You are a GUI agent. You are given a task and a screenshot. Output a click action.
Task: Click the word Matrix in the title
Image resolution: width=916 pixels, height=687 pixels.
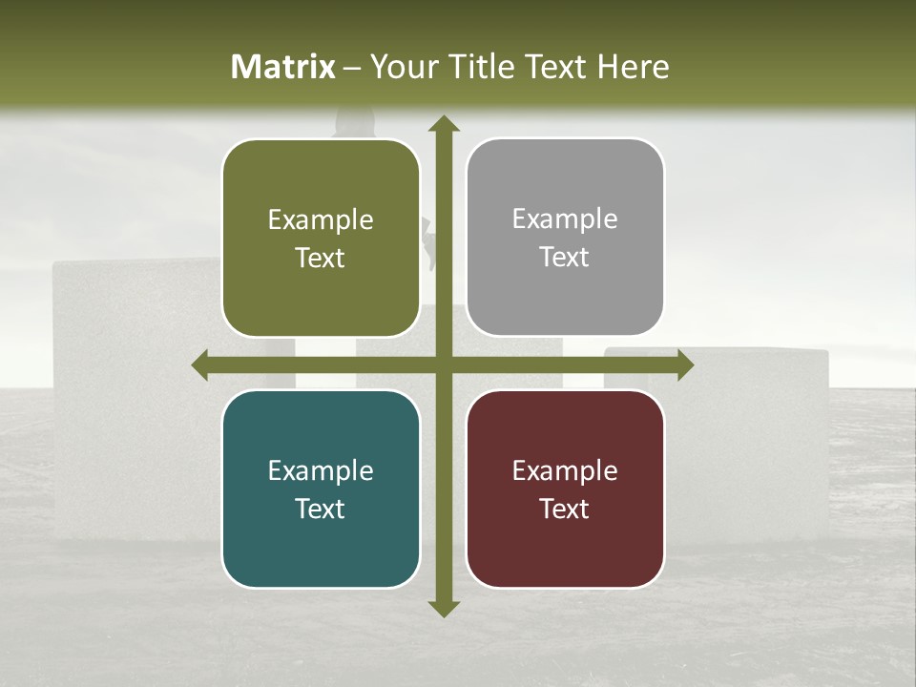283,67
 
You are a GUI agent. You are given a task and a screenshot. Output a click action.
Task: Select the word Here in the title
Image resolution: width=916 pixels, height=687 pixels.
633,67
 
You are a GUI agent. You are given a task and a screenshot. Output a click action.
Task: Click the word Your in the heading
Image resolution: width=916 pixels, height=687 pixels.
402,67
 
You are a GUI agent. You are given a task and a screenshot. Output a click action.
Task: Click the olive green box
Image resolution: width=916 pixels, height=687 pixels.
321,238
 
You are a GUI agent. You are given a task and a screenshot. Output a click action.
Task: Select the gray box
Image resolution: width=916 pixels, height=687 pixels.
565,238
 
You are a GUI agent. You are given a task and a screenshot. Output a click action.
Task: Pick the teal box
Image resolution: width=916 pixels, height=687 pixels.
321,489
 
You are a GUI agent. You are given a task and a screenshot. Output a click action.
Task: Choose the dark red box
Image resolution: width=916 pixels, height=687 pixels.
565,489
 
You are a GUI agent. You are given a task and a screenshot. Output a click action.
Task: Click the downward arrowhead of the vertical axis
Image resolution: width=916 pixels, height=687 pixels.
443,608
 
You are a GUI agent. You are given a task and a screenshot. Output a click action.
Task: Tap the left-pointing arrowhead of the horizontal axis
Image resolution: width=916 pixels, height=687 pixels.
200,365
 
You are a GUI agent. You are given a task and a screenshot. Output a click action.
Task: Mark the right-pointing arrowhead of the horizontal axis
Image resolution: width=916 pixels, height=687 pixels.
685,365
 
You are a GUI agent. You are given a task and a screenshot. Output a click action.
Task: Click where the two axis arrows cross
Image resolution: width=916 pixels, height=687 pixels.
443,365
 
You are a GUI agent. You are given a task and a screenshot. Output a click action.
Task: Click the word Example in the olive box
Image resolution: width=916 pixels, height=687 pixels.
321,220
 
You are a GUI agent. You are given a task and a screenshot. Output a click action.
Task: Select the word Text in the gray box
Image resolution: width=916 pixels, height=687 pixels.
565,258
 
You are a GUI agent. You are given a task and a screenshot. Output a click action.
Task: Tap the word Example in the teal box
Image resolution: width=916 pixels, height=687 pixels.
321,471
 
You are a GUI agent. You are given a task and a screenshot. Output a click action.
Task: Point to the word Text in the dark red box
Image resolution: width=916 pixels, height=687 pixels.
565,509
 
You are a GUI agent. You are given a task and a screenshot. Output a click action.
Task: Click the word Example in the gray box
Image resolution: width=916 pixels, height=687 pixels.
565,219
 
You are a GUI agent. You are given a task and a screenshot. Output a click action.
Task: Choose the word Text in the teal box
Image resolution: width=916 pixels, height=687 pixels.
321,509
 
